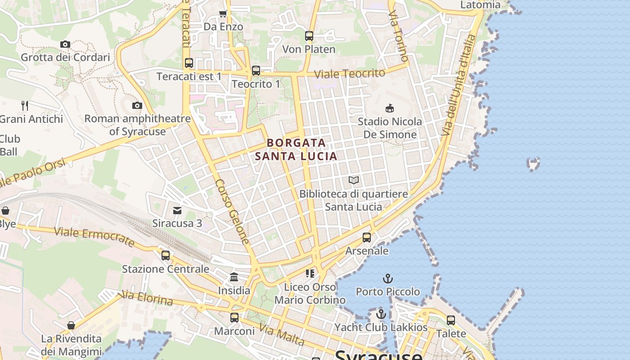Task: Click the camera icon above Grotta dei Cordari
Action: tap(65, 44)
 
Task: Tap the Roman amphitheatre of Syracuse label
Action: tap(138, 125)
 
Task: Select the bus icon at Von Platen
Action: tap(309, 36)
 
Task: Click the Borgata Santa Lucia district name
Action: tap(296, 149)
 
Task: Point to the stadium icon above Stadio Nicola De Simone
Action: tap(390, 108)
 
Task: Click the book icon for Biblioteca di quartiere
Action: tap(354, 180)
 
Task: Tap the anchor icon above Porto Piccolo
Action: tap(387, 279)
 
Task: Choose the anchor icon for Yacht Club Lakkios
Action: tap(381, 314)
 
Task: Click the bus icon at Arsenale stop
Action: tap(367, 237)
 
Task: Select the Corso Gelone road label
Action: tap(232, 211)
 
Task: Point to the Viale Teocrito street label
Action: tap(349, 73)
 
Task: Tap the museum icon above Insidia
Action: tap(234, 277)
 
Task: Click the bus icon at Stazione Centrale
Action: tap(166, 255)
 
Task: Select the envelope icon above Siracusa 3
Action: tap(177, 210)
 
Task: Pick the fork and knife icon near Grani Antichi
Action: tap(25, 106)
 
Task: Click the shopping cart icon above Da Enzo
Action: tap(223, 13)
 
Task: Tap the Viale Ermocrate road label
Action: tap(94, 237)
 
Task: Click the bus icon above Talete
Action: tap(451, 320)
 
